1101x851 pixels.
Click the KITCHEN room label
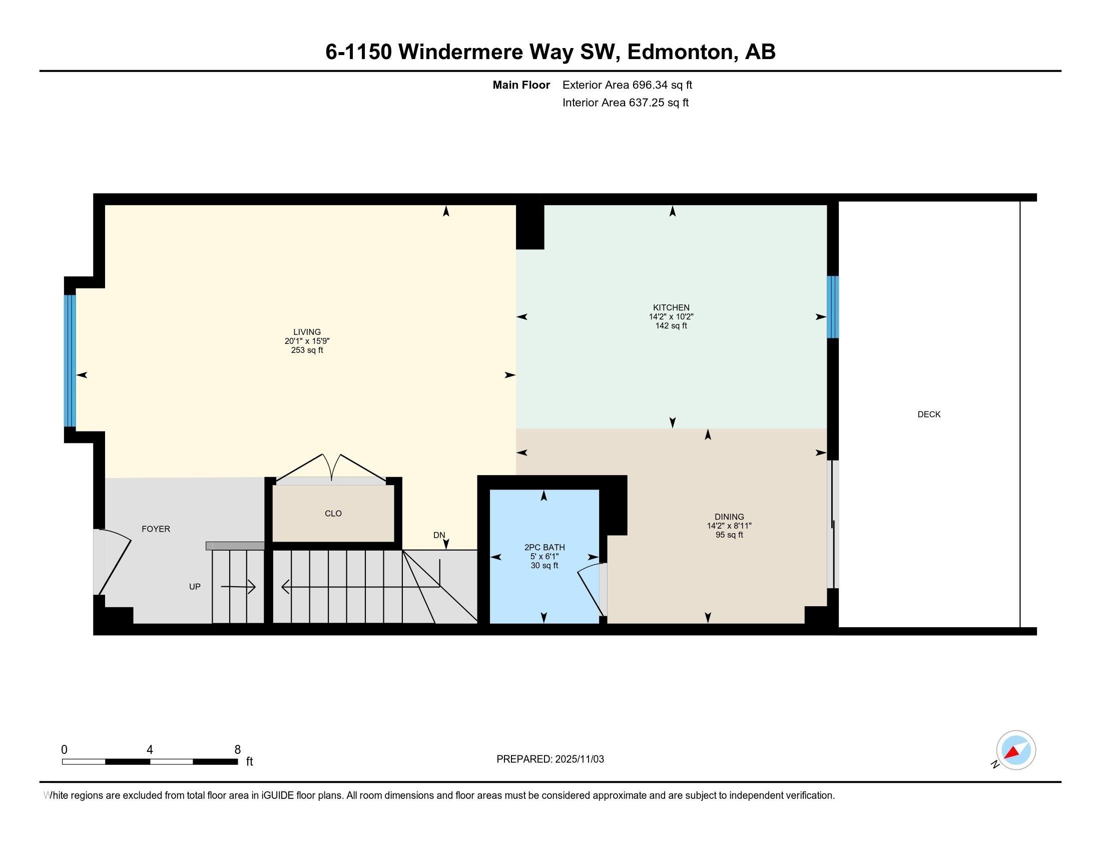pyautogui.click(x=671, y=307)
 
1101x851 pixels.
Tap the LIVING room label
pyautogui.click(x=307, y=332)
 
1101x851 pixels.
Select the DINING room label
pyautogui.click(x=729, y=517)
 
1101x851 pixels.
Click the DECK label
pyautogui.click(x=928, y=414)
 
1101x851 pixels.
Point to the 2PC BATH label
pyautogui.click(x=544, y=548)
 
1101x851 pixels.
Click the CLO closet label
pyautogui.click(x=333, y=514)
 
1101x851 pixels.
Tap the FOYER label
pyautogui.click(x=156, y=529)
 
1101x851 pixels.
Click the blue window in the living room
pyautogui.click(x=70, y=361)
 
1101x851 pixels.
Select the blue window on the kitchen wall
pyautogui.click(x=833, y=307)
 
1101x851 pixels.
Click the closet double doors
pyautogui.click(x=331, y=469)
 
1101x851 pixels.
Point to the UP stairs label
pyautogui.click(x=195, y=587)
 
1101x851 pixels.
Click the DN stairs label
pyautogui.click(x=439, y=536)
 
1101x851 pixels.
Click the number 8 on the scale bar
pyautogui.click(x=237, y=750)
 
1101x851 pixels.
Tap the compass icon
pyautogui.click(x=1016, y=750)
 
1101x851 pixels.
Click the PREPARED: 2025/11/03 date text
pyautogui.click(x=550, y=759)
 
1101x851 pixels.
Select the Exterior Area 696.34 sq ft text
pyautogui.click(x=627, y=85)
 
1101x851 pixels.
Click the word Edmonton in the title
pyautogui.click(x=680, y=52)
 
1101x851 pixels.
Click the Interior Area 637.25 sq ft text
pyautogui.click(x=625, y=103)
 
